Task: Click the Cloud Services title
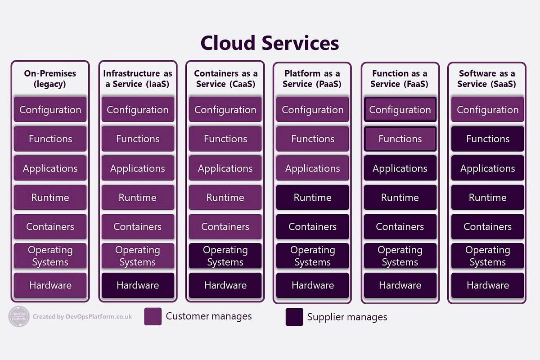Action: click(270, 43)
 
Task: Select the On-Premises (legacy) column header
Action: click(50, 79)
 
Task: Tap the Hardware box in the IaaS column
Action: click(138, 285)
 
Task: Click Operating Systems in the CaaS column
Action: click(225, 256)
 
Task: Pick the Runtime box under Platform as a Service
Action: click(312, 198)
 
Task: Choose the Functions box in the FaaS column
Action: click(400, 139)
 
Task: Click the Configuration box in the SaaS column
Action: click(487, 110)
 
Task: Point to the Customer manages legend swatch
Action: click(153, 316)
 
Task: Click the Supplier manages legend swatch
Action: click(294, 317)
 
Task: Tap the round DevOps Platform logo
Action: click(19, 316)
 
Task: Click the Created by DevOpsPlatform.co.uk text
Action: click(82, 317)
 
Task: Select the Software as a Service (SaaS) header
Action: click(486, 79)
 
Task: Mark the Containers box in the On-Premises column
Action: click(50, 227)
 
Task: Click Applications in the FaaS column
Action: click(400, 168)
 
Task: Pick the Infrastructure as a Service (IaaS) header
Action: click(138, 79)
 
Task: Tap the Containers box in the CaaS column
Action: click(225, 227)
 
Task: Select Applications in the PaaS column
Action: click(312, 168)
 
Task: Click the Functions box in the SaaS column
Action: click(487, 139)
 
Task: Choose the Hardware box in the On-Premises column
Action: click(50, 285)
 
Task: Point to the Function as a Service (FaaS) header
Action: click(399, 79)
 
